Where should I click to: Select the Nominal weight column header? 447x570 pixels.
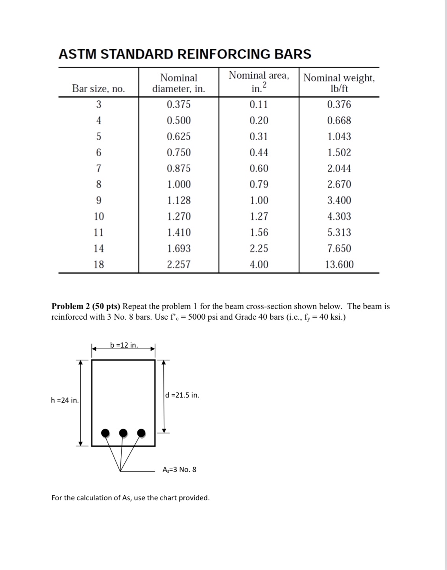(x=339, y=83)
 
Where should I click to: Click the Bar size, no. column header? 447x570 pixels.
(x=98, y=89)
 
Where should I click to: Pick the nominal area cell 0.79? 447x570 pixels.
(x=259, y=184)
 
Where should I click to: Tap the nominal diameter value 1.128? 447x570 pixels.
(x=179, y=200)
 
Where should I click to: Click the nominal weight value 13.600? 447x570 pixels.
(x=339, y=265)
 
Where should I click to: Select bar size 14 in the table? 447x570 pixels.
(x=99, y=248)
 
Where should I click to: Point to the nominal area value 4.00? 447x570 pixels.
(x=259, y=265)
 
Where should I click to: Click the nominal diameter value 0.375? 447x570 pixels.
(x=179, y=104)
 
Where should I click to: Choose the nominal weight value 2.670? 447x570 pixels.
(x=339, y=184)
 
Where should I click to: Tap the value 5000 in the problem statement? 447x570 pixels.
(x=198, y=317)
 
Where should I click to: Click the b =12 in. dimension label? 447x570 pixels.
(x=124, y=345)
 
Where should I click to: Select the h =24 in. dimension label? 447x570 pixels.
(x=65, y=400)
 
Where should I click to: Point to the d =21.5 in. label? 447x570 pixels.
(x=182, y=395)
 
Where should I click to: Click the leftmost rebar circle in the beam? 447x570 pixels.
(x=105, y=433)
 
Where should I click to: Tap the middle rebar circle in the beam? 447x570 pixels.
(x=123, y=433)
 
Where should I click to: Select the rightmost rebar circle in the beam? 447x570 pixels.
(x=141, y=433)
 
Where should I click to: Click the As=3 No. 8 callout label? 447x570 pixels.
(x=179, y=470)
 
